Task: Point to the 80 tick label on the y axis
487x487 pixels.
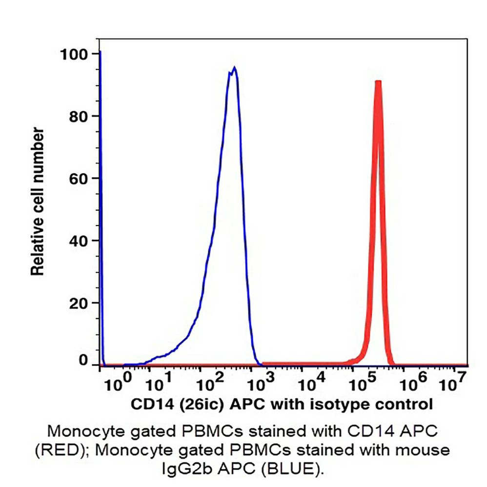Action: (78, 116)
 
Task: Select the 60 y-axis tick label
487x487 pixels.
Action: (78, 179)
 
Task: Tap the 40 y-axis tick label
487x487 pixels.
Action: (78, 241)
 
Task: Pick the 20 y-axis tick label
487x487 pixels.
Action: (78, 303)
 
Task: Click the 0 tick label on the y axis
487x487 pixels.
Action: (83, 362)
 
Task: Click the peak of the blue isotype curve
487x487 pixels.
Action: (235, 68)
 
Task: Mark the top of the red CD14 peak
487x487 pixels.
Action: (378, 82)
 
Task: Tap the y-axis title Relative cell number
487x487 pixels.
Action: (38, 201)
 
